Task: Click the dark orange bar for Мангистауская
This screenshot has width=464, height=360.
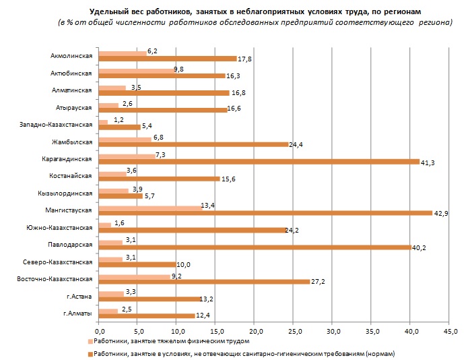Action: pyautogui.click(x=265, y=213)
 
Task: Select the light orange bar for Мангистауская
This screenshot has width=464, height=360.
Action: pyautogui.click(x=150, y=207)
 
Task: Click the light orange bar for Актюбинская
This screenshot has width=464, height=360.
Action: pyautogui.click(x=136, y=69)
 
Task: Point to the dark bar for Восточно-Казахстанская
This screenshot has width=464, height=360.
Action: pyautogui.click(x=204, y=281)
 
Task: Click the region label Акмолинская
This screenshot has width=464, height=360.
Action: pyautogui.click(x=71, y=56)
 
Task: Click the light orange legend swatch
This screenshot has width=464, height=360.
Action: pyautogui.click(x=91, y=342)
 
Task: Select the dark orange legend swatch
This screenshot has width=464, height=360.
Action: pyautogui.click(x=91, y=353)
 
